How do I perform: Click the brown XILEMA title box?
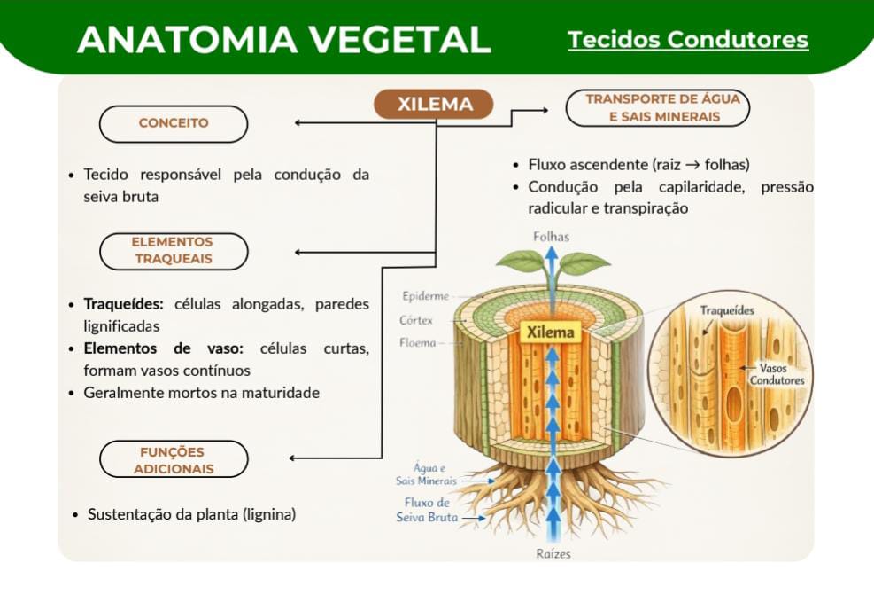pyautogui.click(x=434, y=105)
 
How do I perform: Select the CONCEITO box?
pyautogui.click(x=174, y=123)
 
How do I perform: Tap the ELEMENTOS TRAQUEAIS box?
pyautogui.click(x=174, y=251)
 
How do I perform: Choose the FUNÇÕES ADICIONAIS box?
pyautogui.click(x=174, y=460)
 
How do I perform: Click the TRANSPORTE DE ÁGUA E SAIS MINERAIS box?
pyautogui.click(x=657, y=108)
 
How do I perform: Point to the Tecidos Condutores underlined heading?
pyautogui.click(x=688, y=40)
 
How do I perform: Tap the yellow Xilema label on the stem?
pyautogui.click(x=550, y=332)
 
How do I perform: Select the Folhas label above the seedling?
pyautogui.click(x=551, y=237)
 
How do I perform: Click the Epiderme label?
pyautogui.click(x=425, y=296)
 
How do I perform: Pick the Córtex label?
pyautogui.click(x=416, y=320)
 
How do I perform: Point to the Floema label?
pyautogui.click(x=417, y=342)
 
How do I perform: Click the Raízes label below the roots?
pyautogui.click(x=553, y=554)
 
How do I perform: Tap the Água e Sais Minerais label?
pyautogui.click(x=426, y=474)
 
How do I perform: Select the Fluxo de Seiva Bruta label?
pyautogui.click(x=427, y=510)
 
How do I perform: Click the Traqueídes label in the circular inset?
pyautogui.click(x=727, y=310)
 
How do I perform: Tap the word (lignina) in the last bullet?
pyautogui.click(x=269, y=514)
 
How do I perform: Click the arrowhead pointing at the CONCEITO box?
pyautogui.click(x=298, y=123)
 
